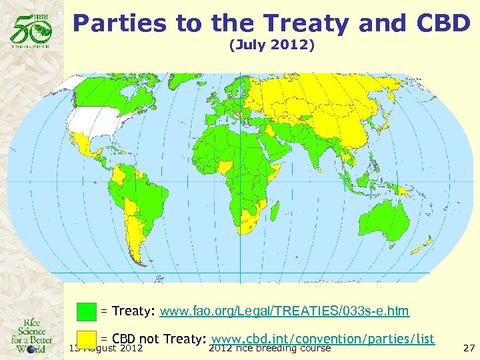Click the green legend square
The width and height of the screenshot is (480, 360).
(x=87, y=311)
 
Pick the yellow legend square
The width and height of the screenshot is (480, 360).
(x=87, y=339)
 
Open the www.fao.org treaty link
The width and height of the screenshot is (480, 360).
(x=285, y=311)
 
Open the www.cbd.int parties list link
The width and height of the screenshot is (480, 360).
(x=323, y=339)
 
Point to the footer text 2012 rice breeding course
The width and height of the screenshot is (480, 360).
(x=270, y=348)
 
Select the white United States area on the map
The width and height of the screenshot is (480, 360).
(x=93, y=123)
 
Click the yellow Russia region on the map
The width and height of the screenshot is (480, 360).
(x=320, y=93)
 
